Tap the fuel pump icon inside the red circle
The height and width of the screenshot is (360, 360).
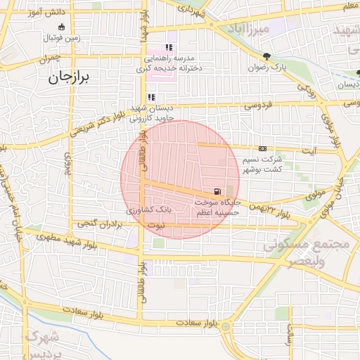[217, 191]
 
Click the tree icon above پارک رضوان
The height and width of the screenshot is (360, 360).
[265, 56]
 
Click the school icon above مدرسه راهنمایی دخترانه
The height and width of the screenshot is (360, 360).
[169, 48]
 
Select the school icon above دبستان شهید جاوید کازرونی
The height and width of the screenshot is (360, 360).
[150, 98]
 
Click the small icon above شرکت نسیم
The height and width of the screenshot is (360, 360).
[262, 148]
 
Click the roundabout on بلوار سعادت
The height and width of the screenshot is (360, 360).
[225, 327]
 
